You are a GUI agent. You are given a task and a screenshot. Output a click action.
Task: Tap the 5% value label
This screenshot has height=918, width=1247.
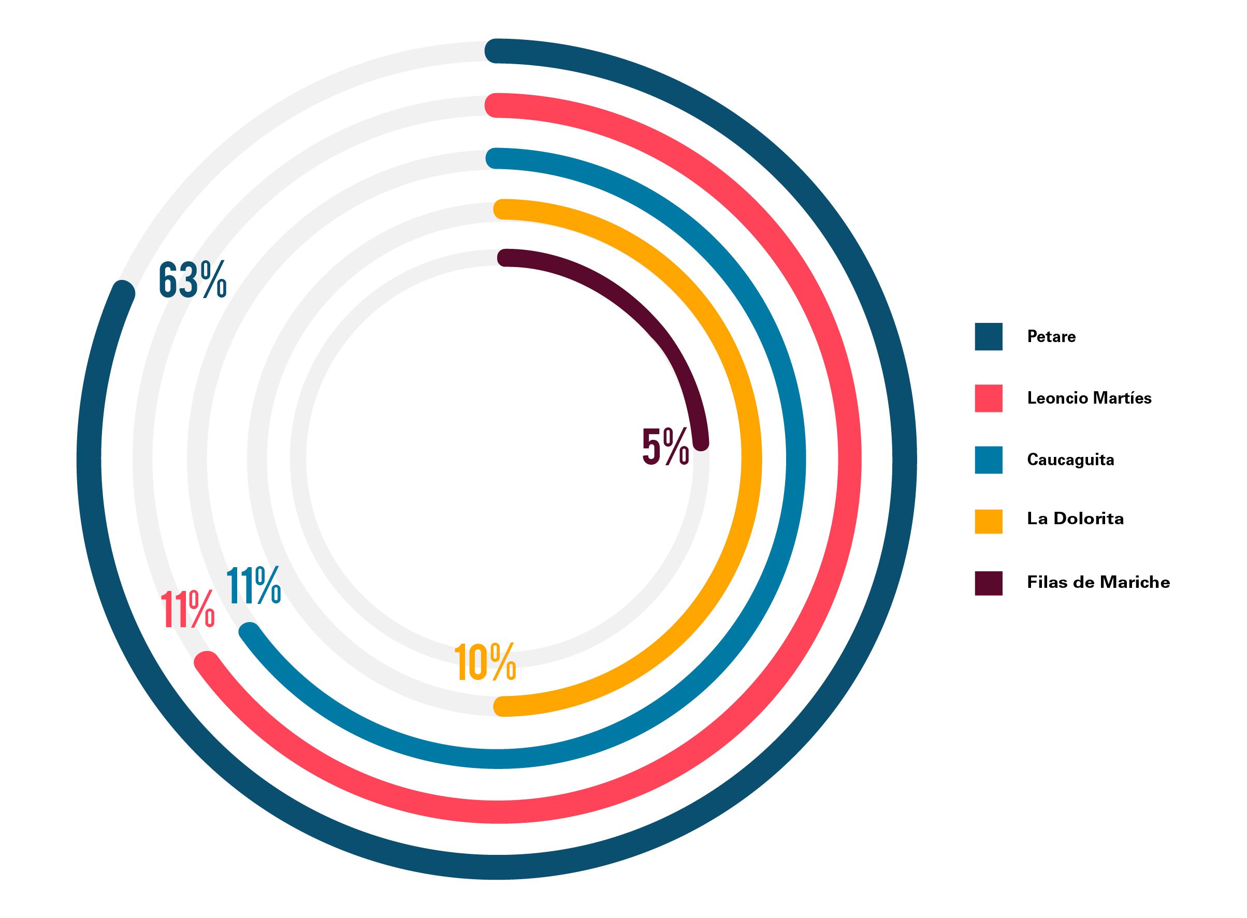[665, 446]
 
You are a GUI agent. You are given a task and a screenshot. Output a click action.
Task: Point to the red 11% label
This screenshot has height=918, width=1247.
[187, 610]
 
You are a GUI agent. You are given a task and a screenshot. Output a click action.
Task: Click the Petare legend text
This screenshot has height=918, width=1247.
[1051, 337]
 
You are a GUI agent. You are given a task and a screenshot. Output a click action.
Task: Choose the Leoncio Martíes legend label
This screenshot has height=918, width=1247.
[1089, 398]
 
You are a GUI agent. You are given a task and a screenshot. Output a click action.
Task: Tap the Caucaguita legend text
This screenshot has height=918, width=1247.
[1070, 460]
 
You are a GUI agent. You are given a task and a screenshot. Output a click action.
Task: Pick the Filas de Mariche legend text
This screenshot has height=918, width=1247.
[1098, 582]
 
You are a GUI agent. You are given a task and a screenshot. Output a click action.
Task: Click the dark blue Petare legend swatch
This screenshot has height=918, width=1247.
[988, 337]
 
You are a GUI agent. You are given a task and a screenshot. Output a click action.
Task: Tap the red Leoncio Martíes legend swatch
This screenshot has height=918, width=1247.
[988, 398]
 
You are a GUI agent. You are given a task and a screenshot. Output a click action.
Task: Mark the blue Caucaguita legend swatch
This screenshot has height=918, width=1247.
[988, 460]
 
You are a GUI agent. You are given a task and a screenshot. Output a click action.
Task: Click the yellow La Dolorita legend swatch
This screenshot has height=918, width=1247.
[988, 521]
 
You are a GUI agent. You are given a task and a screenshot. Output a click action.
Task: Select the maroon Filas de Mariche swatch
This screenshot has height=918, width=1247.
[988, 583]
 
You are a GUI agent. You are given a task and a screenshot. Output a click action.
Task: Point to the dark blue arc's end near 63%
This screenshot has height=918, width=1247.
[123, 292]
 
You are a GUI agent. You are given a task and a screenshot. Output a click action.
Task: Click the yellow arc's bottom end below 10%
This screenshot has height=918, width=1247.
[503, 706]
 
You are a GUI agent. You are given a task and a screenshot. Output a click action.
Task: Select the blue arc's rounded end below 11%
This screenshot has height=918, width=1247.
[249, 633]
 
